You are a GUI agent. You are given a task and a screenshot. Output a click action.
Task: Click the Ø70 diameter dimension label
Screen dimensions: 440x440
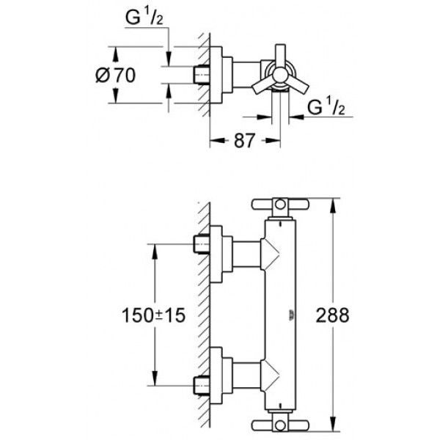[115, 76]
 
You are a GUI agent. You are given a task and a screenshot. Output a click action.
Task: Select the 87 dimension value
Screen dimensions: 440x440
[245, 141]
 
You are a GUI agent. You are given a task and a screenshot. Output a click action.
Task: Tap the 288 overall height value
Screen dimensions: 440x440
[332, 315]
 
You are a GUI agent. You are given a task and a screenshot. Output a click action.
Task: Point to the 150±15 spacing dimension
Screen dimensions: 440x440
[153, 315]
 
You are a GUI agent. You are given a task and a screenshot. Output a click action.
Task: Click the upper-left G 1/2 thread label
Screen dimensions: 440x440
[144, 18]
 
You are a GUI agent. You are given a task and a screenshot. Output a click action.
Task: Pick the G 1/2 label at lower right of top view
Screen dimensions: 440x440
[326, 107]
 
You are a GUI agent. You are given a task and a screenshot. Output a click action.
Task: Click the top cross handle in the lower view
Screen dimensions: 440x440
[280, 205]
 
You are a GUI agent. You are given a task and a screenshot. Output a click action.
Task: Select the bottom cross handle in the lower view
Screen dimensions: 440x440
[280, 425]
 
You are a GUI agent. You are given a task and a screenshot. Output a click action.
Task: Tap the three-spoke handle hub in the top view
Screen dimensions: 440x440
[280, 76]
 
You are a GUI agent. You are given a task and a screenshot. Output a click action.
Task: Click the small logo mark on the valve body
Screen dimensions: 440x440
[291, 315]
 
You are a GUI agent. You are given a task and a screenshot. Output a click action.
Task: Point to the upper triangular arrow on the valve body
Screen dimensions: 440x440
[270, 254]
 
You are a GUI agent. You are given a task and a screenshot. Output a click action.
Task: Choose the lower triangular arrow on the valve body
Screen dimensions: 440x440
[270, 375]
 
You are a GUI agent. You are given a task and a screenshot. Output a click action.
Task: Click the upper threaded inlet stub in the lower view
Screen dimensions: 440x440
[202, 244]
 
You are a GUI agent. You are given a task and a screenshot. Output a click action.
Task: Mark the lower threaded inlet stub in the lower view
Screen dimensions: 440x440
[202, 385]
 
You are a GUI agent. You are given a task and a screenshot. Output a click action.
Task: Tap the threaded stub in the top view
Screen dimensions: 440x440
[202, 75]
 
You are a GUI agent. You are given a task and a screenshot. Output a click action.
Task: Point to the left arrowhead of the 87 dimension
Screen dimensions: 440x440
[217, 140]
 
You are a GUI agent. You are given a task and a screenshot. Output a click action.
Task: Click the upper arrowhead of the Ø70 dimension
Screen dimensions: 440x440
[115, 54]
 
